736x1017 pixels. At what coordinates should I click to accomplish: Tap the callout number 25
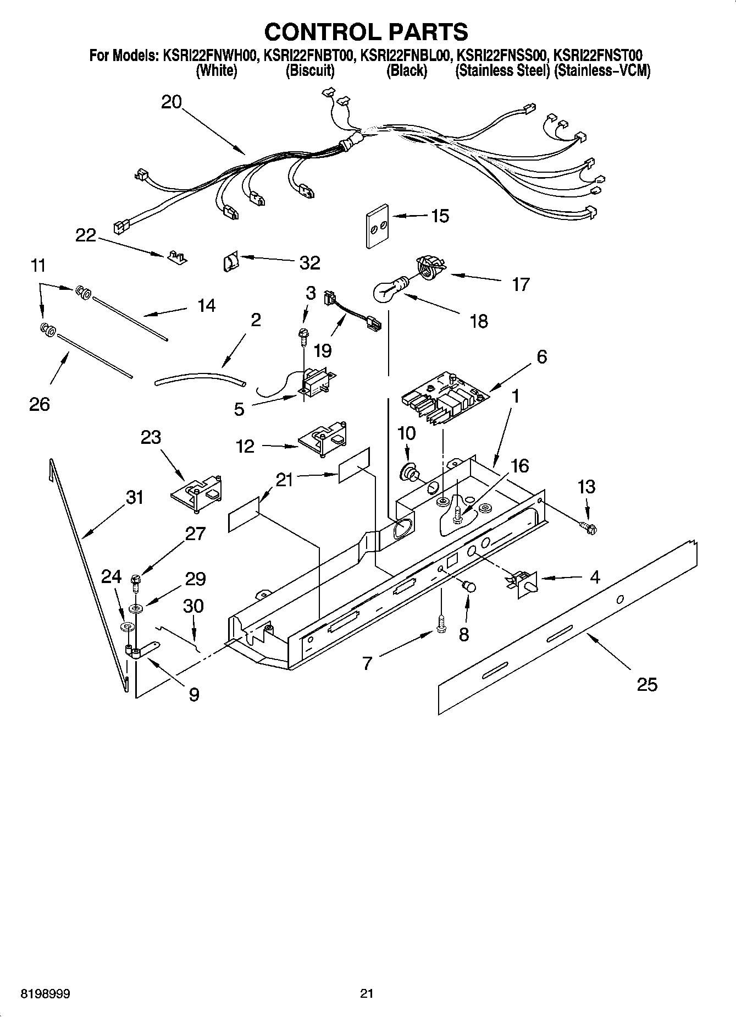[x=646, y=684]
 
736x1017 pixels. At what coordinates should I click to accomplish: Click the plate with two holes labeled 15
[x=377, y=226]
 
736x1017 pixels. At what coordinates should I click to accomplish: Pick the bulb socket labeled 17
[x=429, y=268]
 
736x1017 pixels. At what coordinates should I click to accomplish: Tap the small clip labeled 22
[x=176, y=256]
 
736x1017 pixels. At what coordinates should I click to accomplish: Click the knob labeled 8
[x=469, y=586]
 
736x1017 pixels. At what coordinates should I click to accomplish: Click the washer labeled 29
[x=135, y=608]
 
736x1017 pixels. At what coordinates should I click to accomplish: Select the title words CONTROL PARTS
[x=366, y=31]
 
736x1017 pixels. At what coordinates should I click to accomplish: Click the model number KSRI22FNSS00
[x=502, y=56]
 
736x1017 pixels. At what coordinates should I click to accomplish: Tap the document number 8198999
[x=45, y=993]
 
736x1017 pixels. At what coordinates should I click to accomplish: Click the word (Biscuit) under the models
[x=309, y=71]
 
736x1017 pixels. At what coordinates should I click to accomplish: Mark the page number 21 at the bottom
[x=367, y=993]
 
